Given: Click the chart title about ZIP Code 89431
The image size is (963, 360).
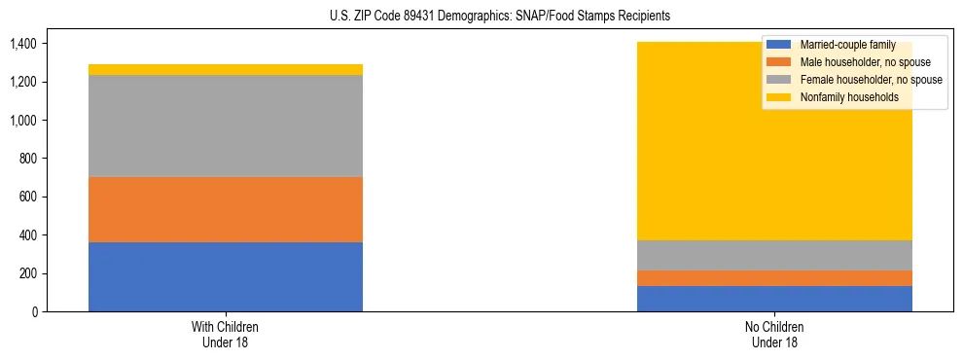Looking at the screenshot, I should coord(481,17).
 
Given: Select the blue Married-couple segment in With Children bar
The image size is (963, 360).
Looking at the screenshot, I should coord(226,277).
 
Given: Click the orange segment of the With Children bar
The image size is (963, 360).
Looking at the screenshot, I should coord(226,209).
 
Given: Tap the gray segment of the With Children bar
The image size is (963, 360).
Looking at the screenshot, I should coord(226,126).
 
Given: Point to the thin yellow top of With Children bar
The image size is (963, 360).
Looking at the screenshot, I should coord(226,69).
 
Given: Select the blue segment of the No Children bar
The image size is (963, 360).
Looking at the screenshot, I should coord(774,299).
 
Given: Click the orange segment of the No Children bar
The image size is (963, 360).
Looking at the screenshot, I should coord(774,278).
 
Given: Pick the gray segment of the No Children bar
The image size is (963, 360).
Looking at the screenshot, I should coord(774,255).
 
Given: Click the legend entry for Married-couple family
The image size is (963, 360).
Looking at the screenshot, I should coord(847,45).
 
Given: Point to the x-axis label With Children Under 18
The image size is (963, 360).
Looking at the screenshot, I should coord(226,334).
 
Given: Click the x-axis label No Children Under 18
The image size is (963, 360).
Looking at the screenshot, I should coord(774,334).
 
